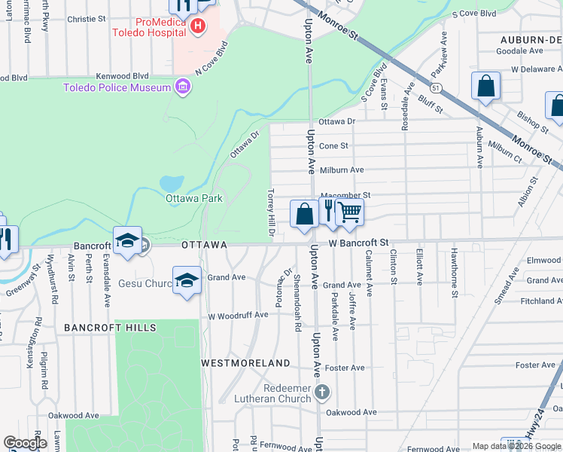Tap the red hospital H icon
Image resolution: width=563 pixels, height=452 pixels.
198,27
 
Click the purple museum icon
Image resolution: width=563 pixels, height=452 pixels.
181,88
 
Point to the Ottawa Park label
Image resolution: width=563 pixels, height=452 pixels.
194,199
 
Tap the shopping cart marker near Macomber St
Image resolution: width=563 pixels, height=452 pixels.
349,213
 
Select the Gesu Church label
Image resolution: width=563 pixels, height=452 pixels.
146,284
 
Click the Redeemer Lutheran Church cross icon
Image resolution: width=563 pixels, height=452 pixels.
322,392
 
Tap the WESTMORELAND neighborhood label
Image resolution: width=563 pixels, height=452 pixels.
245,363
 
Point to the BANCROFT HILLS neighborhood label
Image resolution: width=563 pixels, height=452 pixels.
110,328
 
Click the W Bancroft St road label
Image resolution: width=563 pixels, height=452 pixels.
358,243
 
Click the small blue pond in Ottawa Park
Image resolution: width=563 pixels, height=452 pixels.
172,183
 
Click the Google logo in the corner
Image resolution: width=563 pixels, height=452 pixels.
26,443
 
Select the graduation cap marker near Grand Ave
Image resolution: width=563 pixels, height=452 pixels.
187,280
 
